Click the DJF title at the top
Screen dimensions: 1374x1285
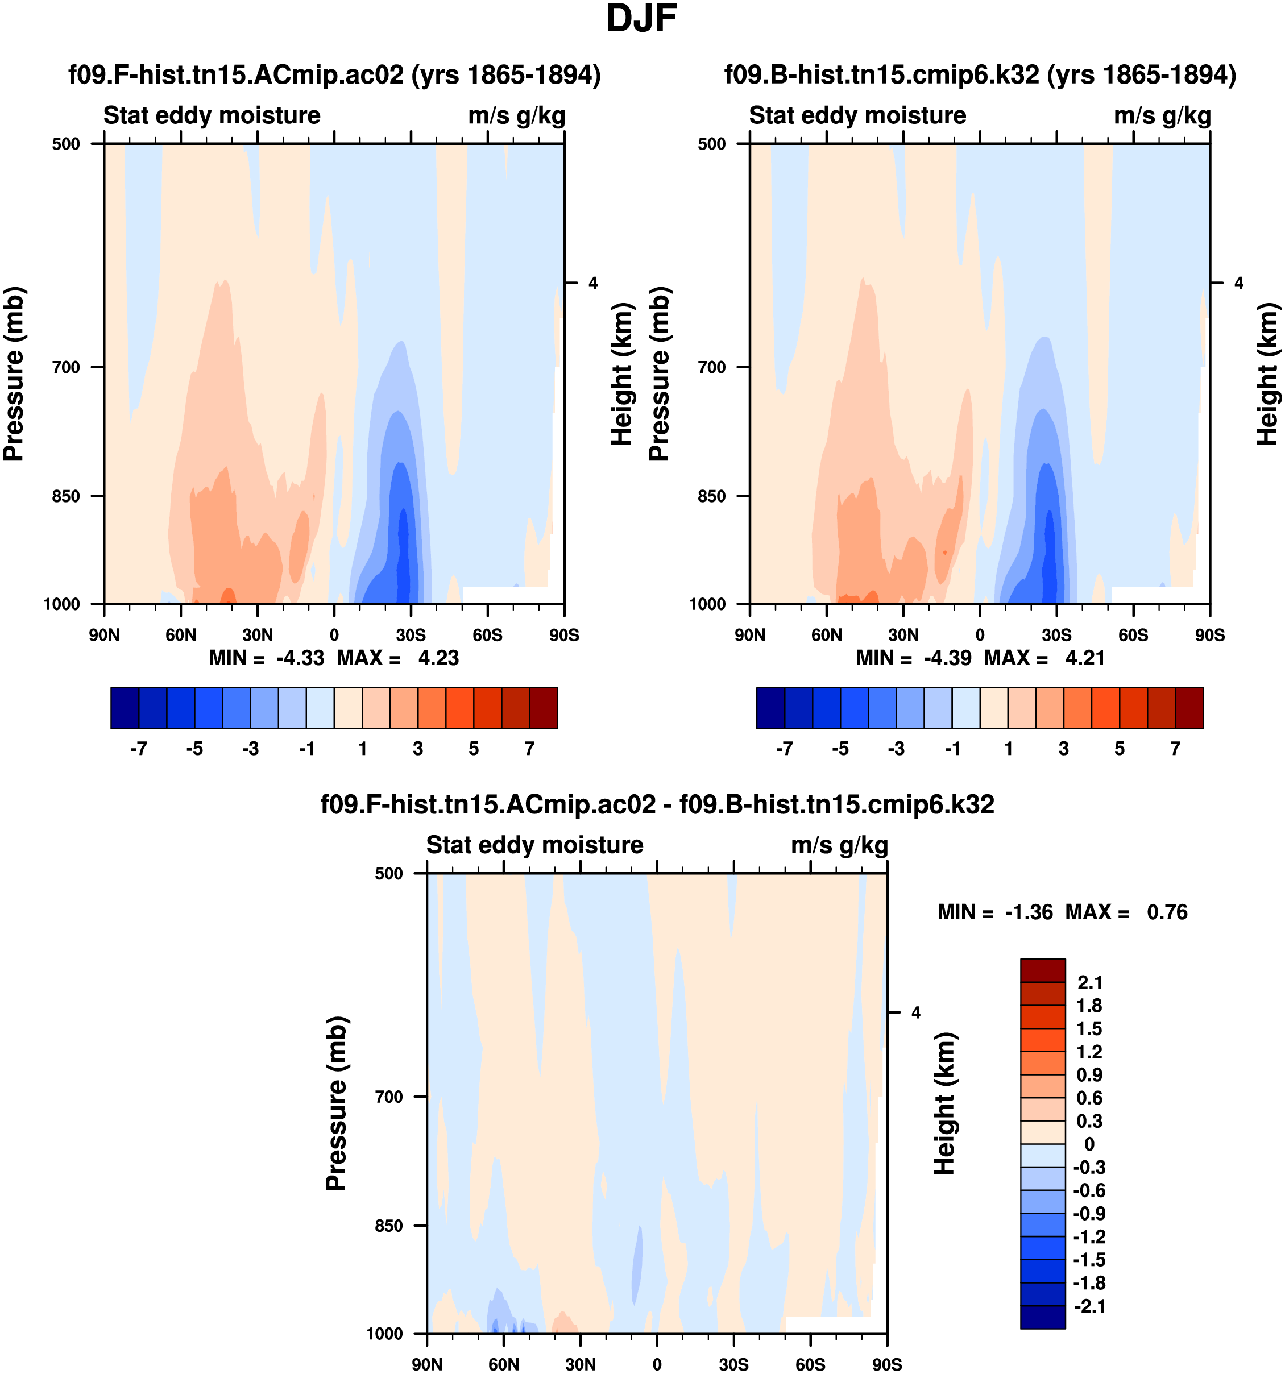coord(641,19)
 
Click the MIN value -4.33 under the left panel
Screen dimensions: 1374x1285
coord(300,658)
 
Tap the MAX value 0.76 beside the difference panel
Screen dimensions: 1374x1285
coord(1167,912)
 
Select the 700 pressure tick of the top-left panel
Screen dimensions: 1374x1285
coord(67,367)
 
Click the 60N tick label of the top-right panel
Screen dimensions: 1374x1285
coord(826,635)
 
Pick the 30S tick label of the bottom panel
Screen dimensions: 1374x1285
coord(733,1364)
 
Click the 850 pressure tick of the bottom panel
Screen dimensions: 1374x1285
coord(389,1226)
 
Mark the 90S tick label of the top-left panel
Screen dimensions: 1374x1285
coord(564,635)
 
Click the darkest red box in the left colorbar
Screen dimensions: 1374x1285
coord(544,708)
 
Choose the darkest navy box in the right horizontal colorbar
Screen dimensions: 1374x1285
coord(771,708)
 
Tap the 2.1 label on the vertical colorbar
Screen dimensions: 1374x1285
coord(1090,982)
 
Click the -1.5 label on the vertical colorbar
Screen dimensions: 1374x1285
coord(1089,1259)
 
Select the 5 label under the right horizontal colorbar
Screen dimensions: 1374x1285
coord(1120,749)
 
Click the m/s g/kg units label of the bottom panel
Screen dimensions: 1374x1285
coord(839,845)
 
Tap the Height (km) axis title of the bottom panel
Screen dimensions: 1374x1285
coord(944,1104)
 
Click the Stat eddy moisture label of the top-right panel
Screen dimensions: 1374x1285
coord(857,115)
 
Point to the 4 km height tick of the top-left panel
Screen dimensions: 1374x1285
coord(592,283)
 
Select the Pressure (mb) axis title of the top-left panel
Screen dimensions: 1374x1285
coord(14,374)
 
